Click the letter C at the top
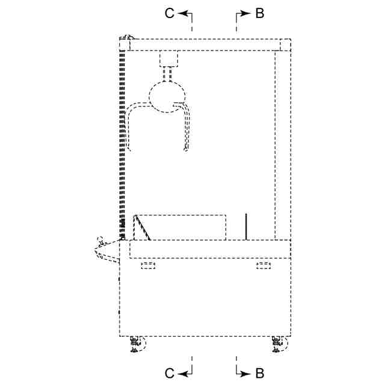tap(170, 13)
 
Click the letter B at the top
tap(259, 13)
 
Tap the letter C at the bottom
tap(170, 374)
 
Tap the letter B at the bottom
tap(259, 374)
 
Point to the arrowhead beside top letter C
tap(182, 13)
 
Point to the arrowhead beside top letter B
tap(245, 13)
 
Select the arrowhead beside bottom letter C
tap(182, 374)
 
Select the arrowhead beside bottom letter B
tap(245, 374)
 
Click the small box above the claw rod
tap(168, 58)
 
